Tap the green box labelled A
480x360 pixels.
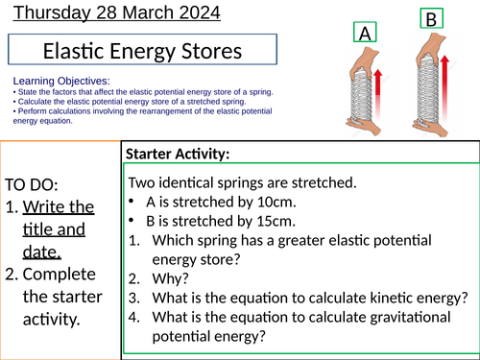[x=363, y=34]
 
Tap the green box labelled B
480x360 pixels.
[x=430, y=19]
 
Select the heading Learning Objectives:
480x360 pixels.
[x=62, y=82]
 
